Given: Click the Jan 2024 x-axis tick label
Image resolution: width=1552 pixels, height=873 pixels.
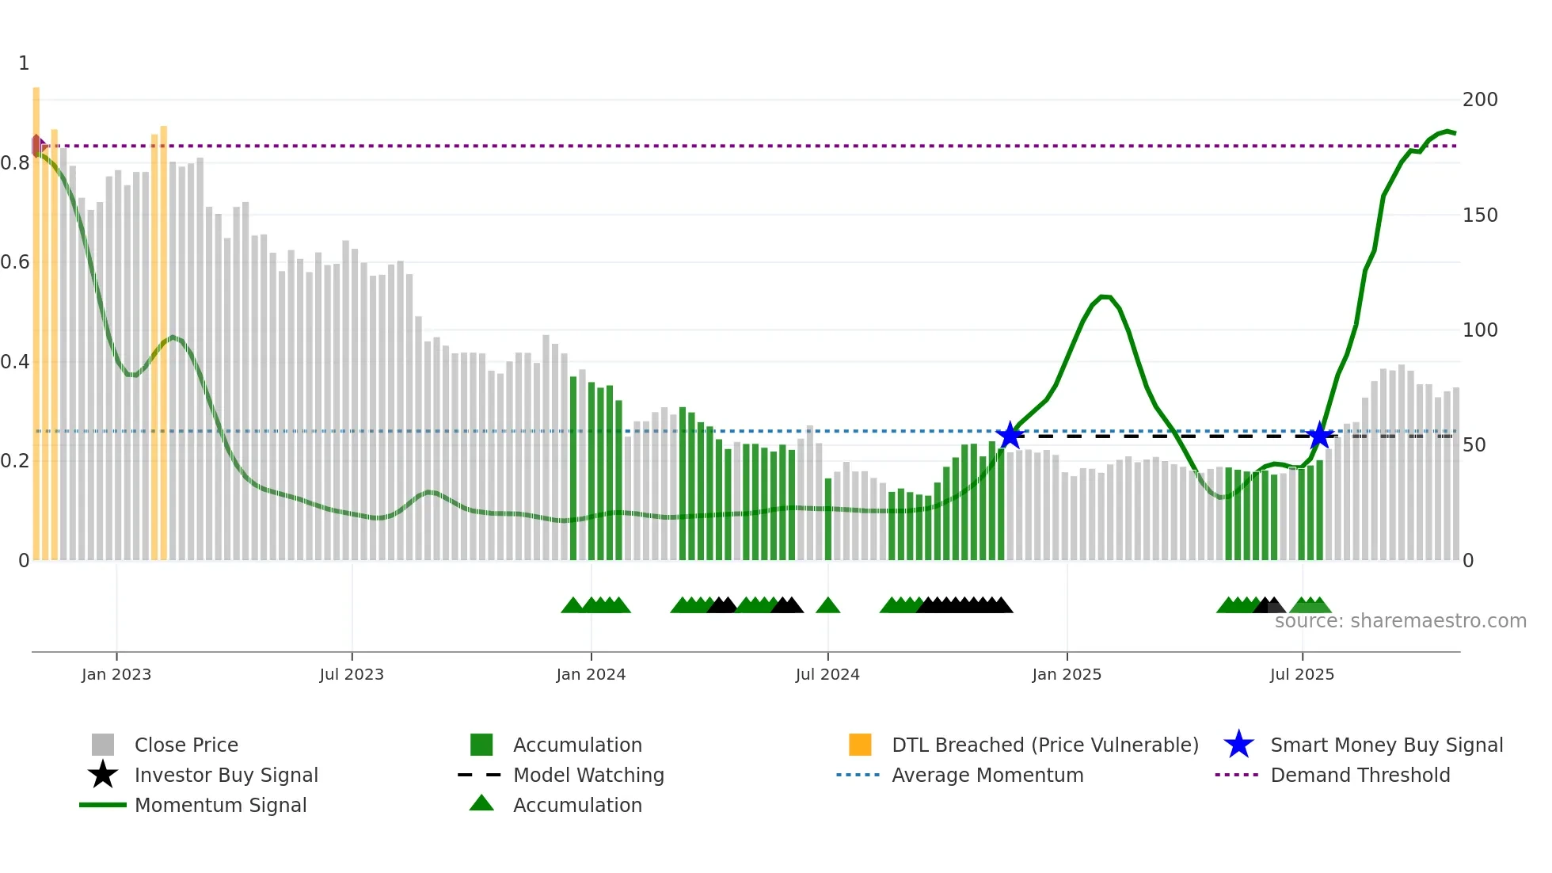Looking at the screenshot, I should pyautogui.click(x=591, y=674).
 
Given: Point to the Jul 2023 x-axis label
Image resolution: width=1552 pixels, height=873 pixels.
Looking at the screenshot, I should pyautogui.click(x=352, y=674).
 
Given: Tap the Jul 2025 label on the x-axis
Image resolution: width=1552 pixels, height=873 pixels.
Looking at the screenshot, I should pyautogui.click(x=1302, y=674).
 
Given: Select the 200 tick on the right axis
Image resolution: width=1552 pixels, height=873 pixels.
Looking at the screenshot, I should pyautogui.click(x=1479, y=100).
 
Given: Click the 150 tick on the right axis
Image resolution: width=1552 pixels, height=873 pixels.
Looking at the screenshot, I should pyautogui.click(x=1479, y=215).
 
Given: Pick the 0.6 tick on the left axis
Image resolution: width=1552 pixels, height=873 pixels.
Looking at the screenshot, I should pyautogui.click(x=16, y=262).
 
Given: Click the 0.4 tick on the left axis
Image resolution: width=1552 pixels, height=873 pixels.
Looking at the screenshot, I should pyautogui.click(x=16, y=362).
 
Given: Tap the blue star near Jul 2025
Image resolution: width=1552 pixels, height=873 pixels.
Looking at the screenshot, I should pyautogui.click(x=1319, y=436).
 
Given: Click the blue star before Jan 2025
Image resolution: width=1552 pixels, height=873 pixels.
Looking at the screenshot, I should pyautogui.click(x=1010, y=435).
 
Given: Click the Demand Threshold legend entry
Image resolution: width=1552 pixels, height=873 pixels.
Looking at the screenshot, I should pyautogui.click(x=1360, y=775).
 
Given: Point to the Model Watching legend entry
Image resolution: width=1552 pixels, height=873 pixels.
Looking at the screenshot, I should pyautogui.click(x=588, y=775).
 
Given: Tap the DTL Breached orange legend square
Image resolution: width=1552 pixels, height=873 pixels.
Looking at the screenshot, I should pyautogui.click(x=860, y=745).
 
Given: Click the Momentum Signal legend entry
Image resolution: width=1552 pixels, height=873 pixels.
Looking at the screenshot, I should pyautogui.click(x=220, y=805).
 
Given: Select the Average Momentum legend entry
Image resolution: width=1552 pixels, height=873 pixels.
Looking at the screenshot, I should pyautogui.click(x=987, y=775).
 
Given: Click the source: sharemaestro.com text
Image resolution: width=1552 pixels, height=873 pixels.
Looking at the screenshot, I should pyautogui.click(x=1400, y=621).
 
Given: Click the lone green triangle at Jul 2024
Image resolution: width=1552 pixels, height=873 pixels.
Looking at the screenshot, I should pyautogui.click(x=827, y=606).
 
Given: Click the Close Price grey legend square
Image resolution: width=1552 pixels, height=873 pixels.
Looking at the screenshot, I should pyautogui.click(x=103, y=745).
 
